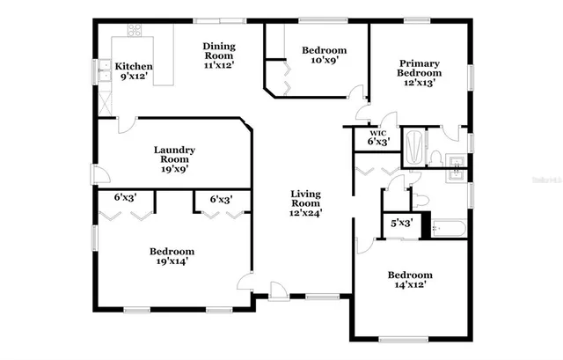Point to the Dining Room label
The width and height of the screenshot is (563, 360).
click(218, 47)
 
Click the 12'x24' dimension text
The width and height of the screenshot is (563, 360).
click(305, 212)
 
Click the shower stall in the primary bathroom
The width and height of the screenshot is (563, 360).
click(413, 146)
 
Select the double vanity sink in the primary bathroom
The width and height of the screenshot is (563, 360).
click(457, 166)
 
